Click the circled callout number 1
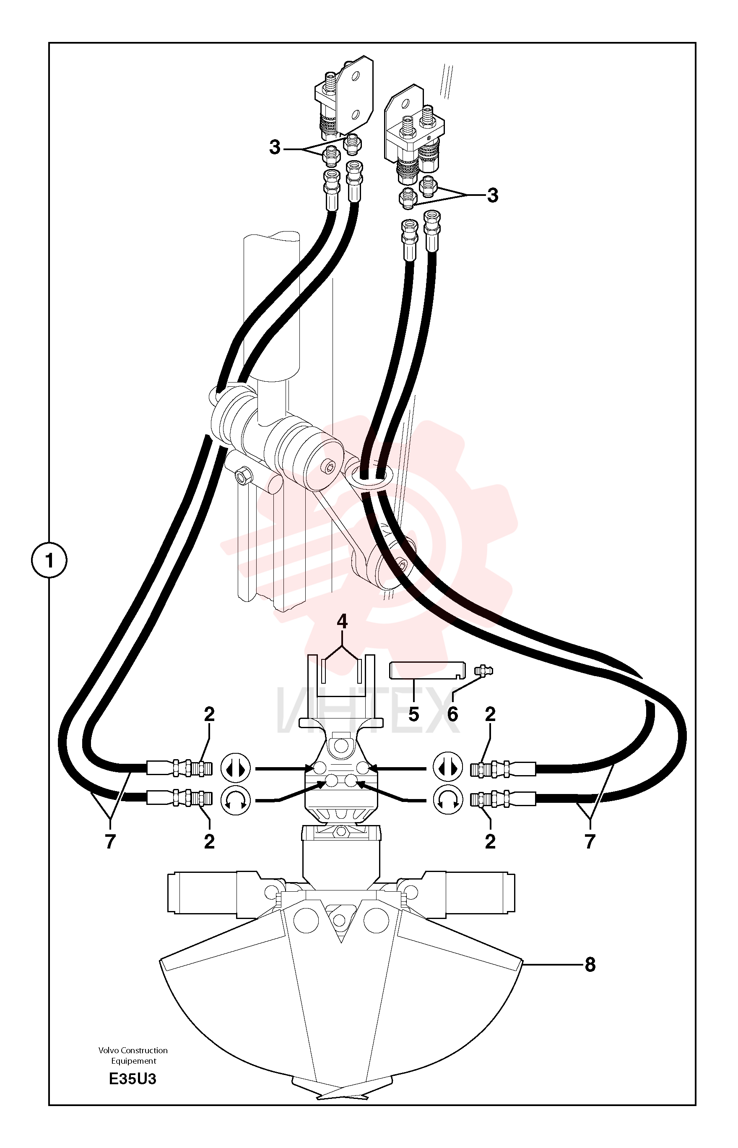[x=49, y=560]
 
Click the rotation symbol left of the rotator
[x=235, y=800]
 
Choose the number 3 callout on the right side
[x=493, y=195]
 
